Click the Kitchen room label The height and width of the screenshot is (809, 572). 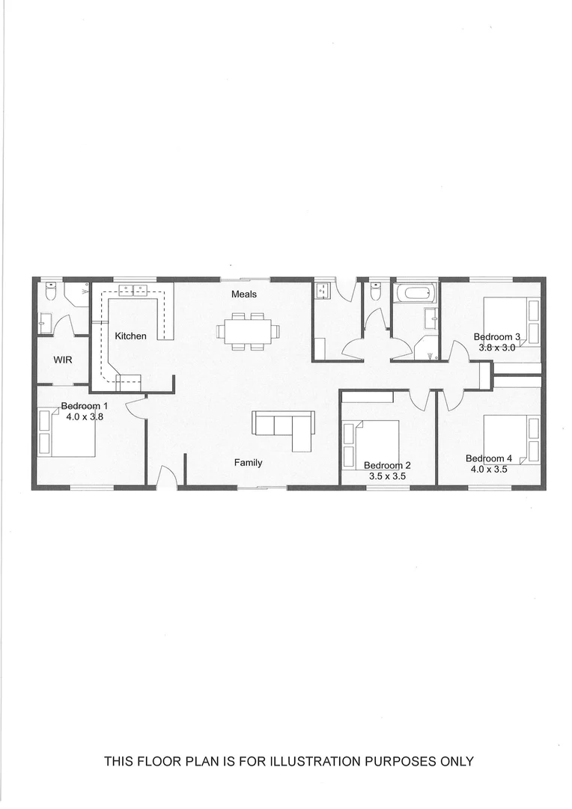tap(130, 336)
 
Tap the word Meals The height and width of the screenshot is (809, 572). tap(243, 294)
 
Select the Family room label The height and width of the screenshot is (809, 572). tap(248, 463)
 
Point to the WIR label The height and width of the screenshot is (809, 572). tap(62, 360)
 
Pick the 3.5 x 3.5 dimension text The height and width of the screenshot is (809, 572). tap(387, 476)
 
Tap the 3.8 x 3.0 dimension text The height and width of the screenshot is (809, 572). tap(497, 348)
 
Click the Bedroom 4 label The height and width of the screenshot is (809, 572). tap(489, 458)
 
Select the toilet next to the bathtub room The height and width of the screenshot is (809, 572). tap(376, 290)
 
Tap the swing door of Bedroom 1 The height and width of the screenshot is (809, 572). tap(136, 407)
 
